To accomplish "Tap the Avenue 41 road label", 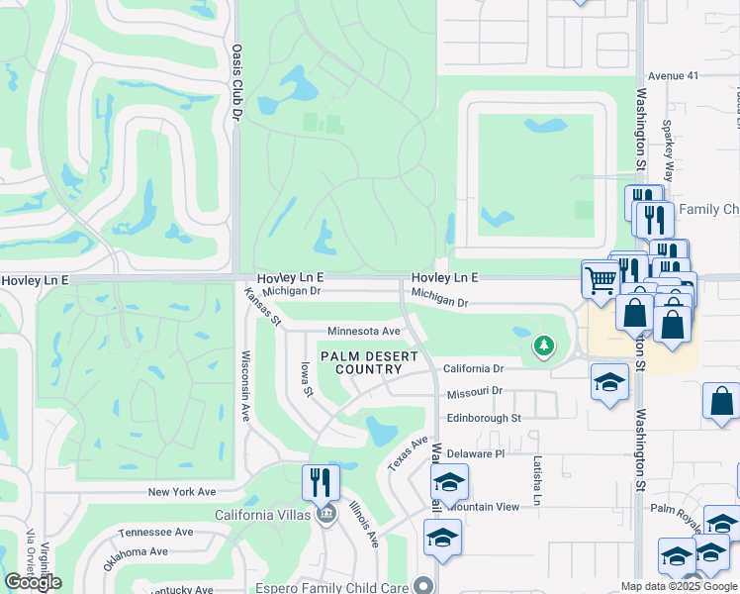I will click(x=673, y=75).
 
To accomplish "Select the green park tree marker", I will click(x=542, y=346).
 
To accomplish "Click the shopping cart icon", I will click(x=601, y=279).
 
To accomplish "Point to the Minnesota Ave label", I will click(x=363, y=332).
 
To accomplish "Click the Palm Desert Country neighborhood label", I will click(x=361, y=362).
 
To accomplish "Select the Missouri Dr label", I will click(x=475, y=392).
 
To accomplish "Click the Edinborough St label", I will click(x=483, y=418).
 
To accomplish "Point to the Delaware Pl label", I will click(x=475, y=452).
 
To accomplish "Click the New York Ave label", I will click(x=181, y=492).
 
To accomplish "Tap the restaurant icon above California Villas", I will click(x=321, y=483).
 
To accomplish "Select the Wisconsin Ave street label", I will click(x=245, y=386).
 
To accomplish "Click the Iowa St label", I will click(x=307, y=380).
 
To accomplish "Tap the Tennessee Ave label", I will click(x=155, y=532).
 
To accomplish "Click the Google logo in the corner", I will click(x=33, y=582).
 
